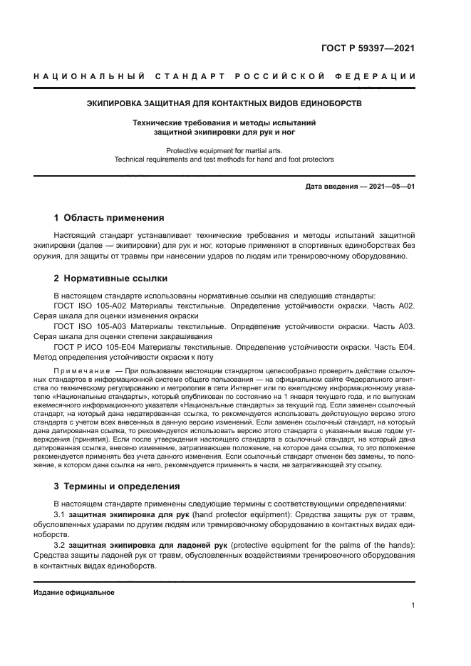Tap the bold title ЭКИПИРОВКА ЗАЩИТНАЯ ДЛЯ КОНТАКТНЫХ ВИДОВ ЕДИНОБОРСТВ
[224, 103]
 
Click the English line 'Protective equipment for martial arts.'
[224, 150]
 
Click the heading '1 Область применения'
[109, 218]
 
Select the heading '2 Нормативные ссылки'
[110, 279]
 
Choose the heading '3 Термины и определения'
[117, 487]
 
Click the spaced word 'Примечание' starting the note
[82, 372]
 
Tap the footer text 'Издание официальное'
[74, 593]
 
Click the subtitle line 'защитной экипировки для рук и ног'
[224, 132]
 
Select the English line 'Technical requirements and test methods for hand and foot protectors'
[224, 160]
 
